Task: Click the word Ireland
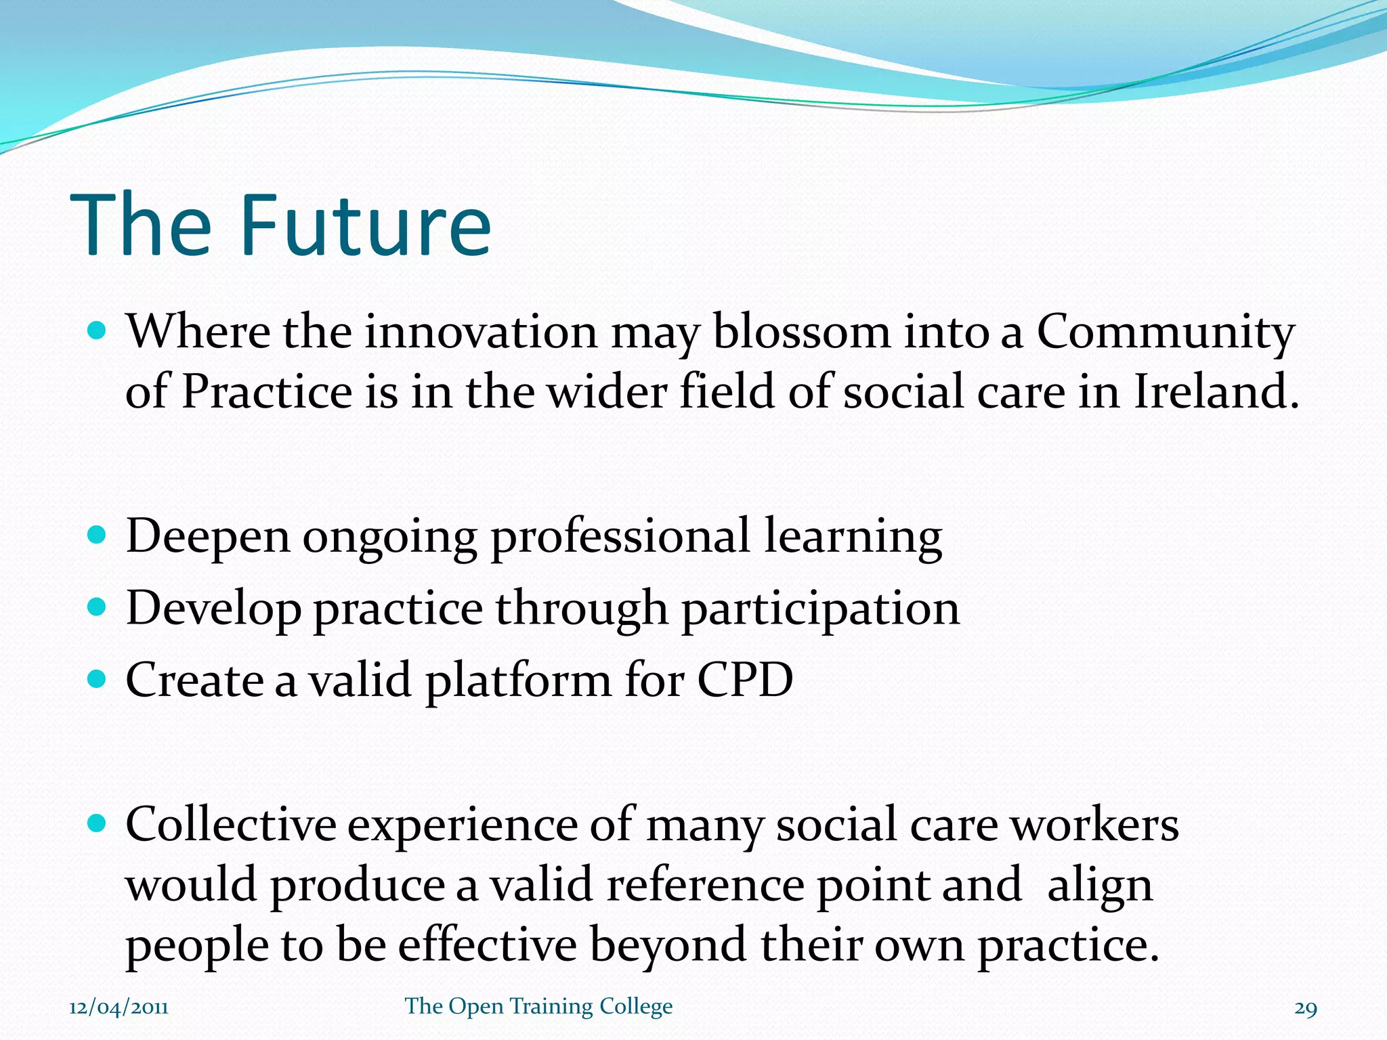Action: click(1216, 392)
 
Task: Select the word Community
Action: click(1166, 332)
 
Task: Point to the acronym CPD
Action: click(745, 680)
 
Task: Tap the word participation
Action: click(820, 609)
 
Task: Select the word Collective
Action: click(231, 825)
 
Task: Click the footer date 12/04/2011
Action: click(119, 1007)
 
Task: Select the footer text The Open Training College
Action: click(538, 1006)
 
